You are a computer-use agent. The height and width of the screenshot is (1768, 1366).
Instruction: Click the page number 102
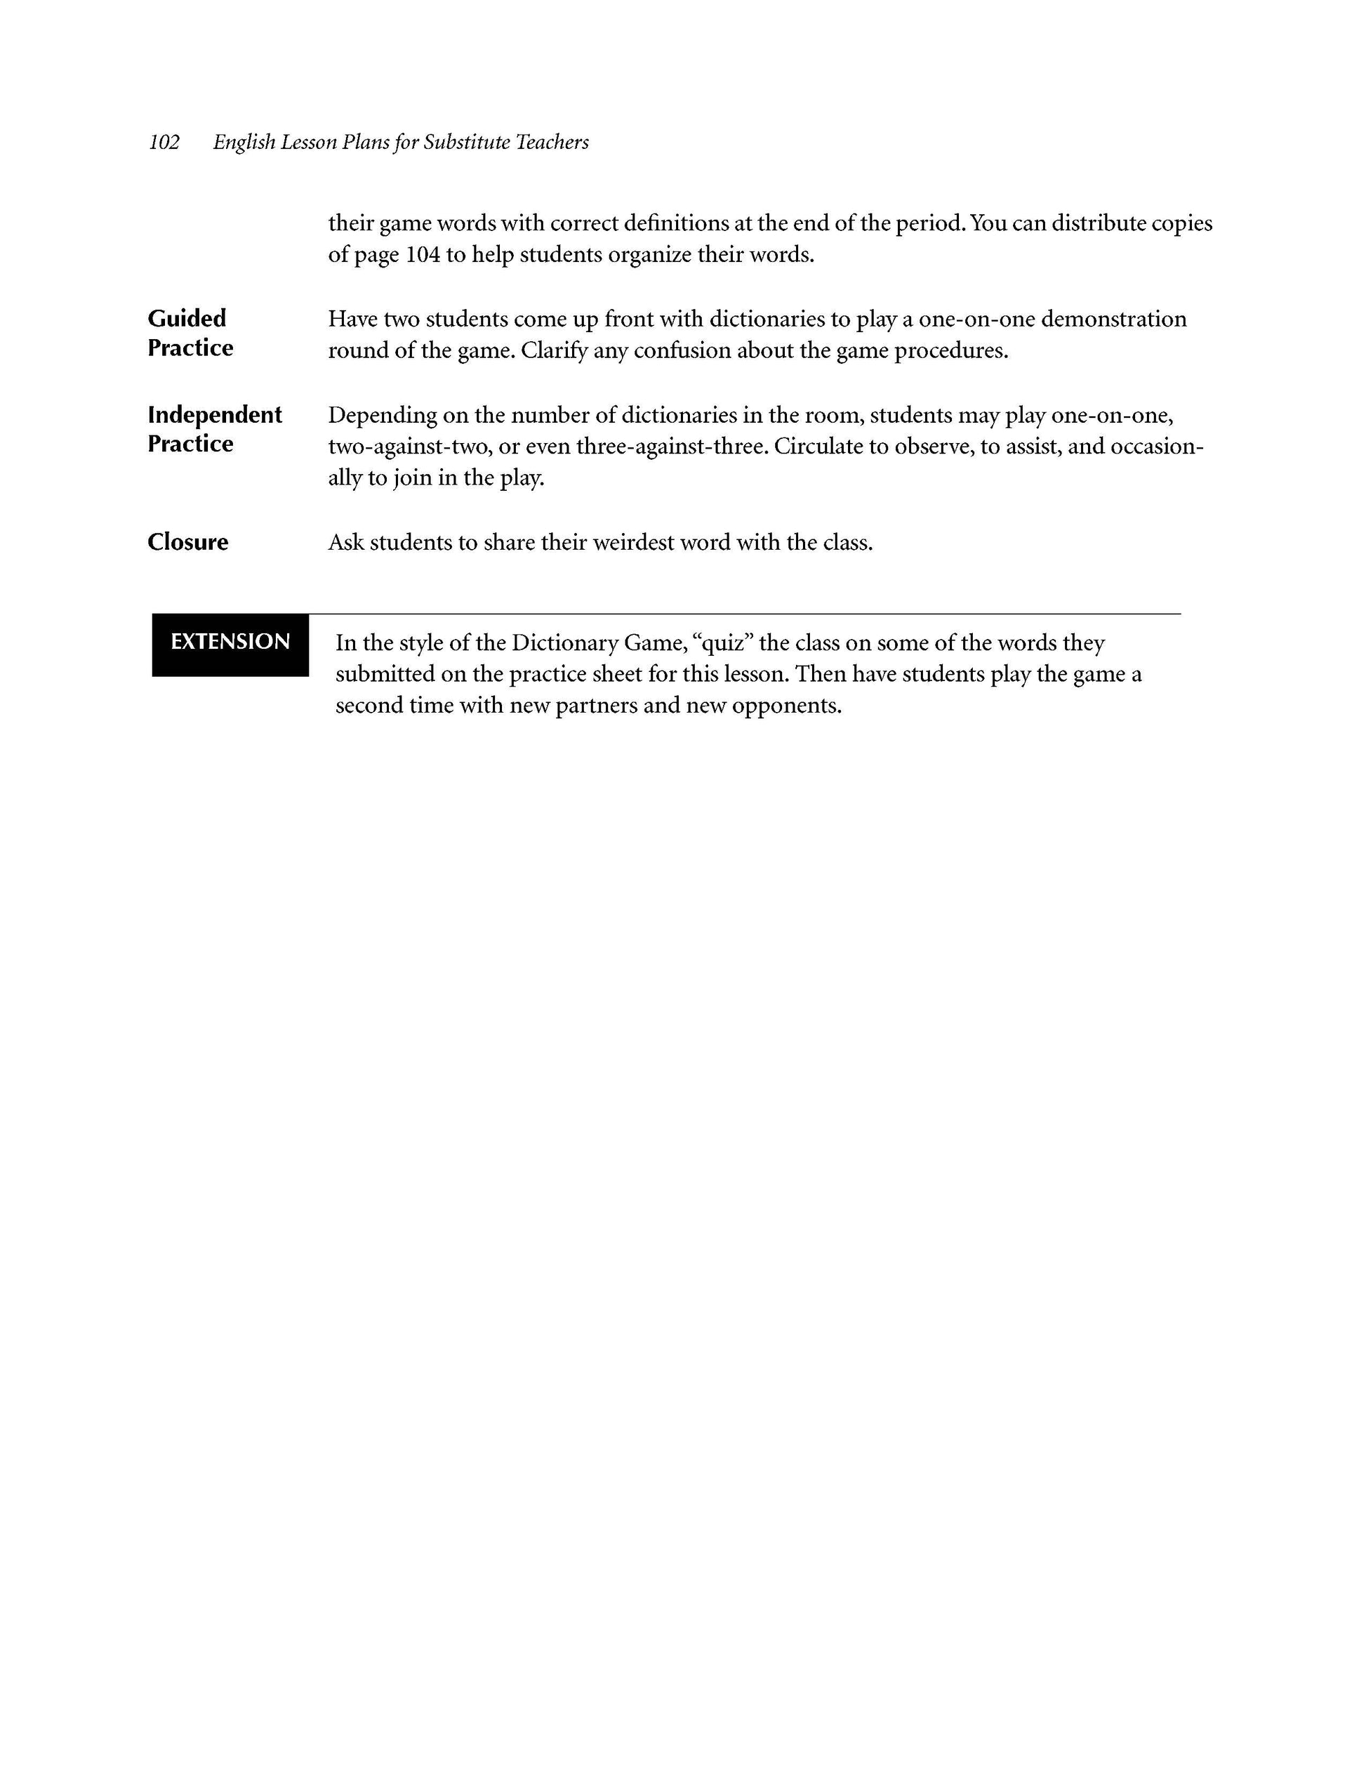[x=164, y=143]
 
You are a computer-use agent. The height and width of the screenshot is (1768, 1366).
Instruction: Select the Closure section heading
[x=187, y=541]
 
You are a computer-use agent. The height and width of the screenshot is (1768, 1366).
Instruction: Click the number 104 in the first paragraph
[x=423, y=255]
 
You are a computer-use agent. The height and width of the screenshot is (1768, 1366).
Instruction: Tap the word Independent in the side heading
[x=215, y=414]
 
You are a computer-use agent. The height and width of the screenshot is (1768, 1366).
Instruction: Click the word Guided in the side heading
[x=187, y=318]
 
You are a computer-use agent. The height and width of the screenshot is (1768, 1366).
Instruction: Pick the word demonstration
[x=1113, y=319]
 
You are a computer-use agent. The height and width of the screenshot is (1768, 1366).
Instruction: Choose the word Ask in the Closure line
[x=345, y=542]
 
